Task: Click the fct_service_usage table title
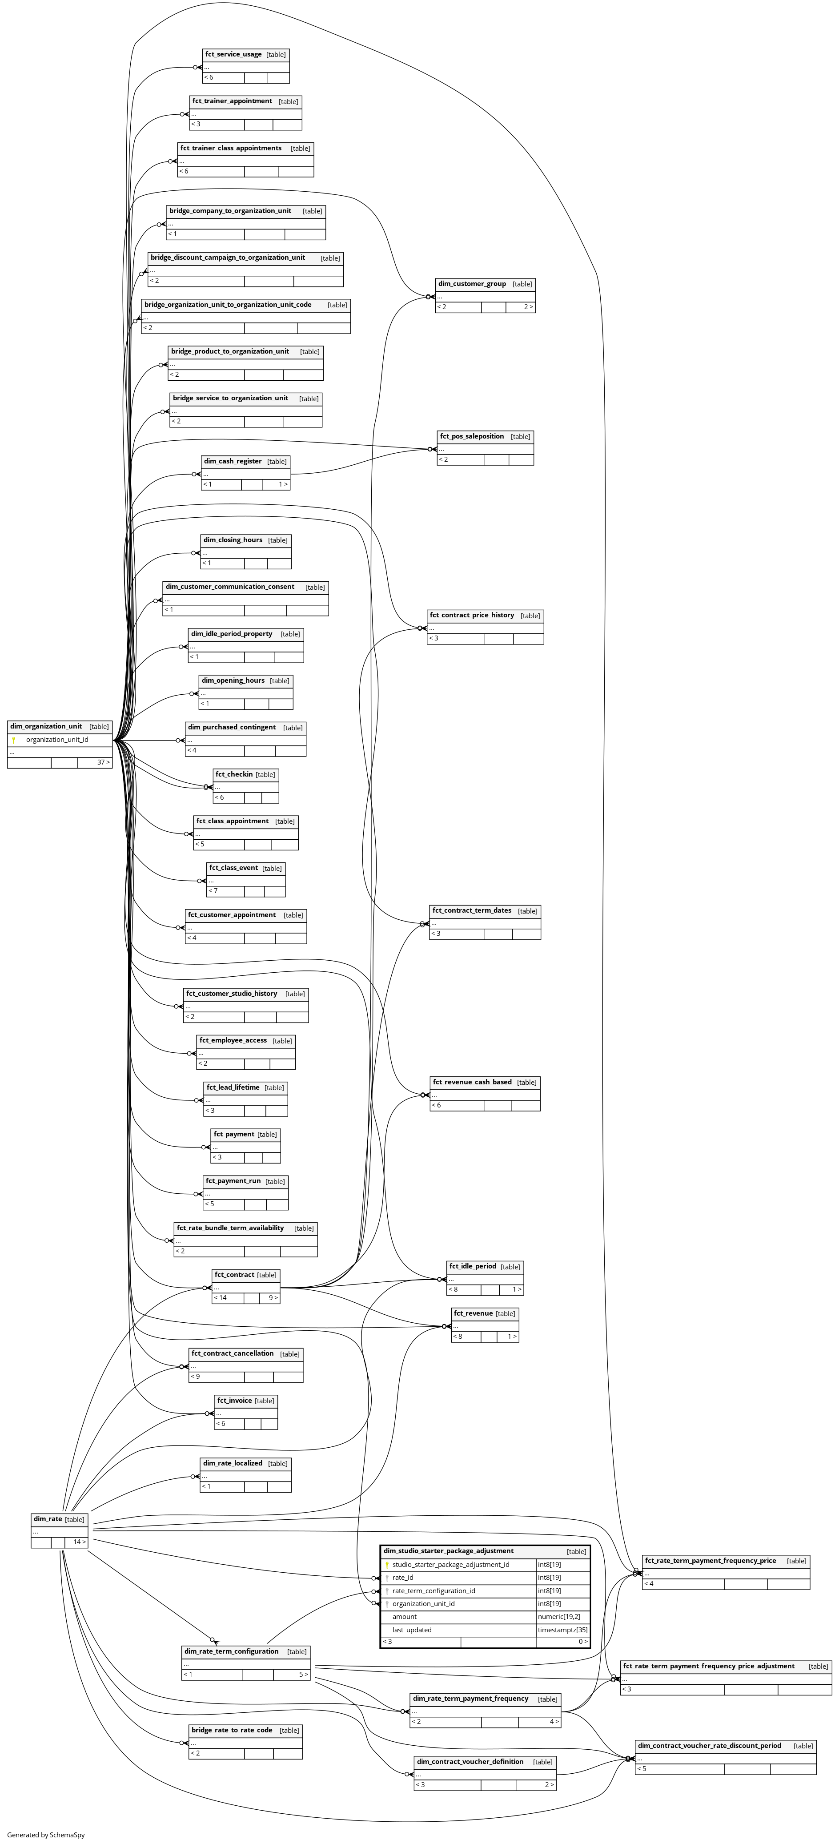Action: (x=233, y=54)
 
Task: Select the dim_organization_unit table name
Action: (x=46, y=727)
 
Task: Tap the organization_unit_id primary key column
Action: (x=57, y=740)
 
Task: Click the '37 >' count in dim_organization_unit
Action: (x=104, y=762)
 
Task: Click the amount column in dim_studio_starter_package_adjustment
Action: (x=405, y=1616)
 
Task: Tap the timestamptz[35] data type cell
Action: (x=563, y=1629)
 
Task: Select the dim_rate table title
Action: (x=47, y=1519)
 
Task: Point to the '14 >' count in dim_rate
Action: (x=79, y=1542)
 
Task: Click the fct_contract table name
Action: (x=234, y=1275)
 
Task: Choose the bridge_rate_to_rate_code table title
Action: (x=232, y=1730)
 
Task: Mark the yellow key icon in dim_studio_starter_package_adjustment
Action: (x=386, y=1565)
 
